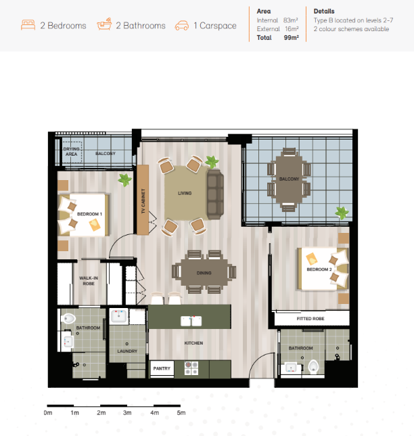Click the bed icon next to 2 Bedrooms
click(28, 25)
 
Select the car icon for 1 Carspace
click(182, 26)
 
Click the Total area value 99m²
click(291, 37)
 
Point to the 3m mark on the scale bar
click(127, 413)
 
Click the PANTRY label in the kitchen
click(162, 368)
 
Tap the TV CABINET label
click(143, 201)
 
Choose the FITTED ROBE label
click(310, 319)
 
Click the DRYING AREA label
click(72, 152)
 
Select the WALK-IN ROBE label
click(89, 281)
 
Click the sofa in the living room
click(215, 194)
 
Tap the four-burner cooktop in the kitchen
click(191, 368)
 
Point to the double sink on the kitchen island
click(191, 321)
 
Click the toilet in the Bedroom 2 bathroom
click(313, 367)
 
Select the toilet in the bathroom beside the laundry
click(68, 318)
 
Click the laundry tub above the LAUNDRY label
click(119, 316)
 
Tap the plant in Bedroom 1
click(124, 180)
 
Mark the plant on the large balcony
click(342, 213)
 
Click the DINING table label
click(204, 273)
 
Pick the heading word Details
click(324, 11)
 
